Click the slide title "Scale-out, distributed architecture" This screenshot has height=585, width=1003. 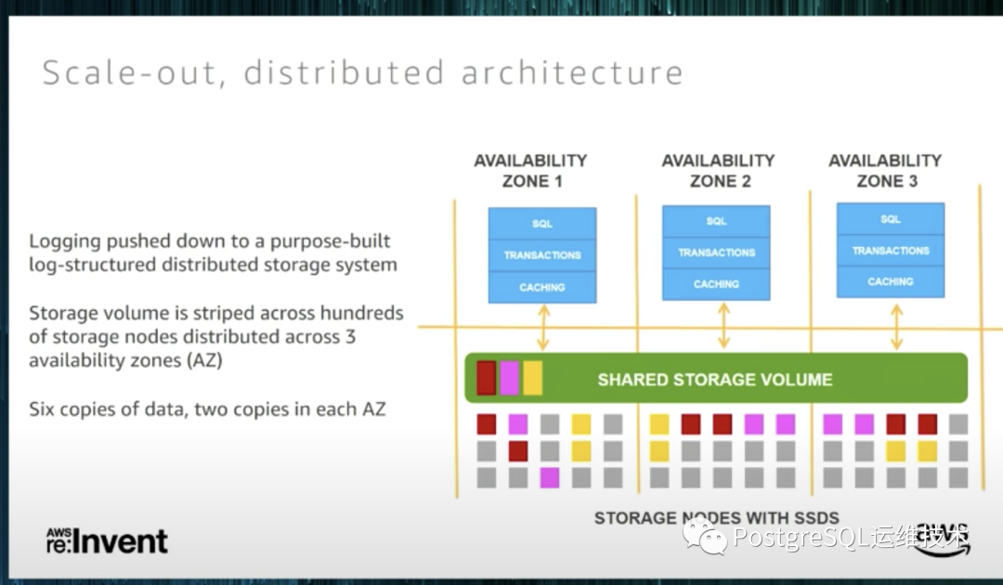pos(362,72)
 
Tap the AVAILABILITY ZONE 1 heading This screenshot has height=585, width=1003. pos(531,171)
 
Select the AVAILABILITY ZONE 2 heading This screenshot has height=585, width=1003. pos(719,171)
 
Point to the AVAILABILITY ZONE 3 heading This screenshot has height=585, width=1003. pos(886,171)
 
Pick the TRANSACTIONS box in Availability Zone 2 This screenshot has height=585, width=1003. pos(716,253)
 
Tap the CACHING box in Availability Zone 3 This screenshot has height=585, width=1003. pos(890,281)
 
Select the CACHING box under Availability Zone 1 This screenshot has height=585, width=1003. pos(542,287)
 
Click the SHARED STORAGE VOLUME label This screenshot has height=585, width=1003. pos(714,379)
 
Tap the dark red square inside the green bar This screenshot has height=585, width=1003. pos(487,378)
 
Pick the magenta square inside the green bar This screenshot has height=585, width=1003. pos(509,378)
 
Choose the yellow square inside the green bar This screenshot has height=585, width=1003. pos(532,378)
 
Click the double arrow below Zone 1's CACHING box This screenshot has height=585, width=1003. pos(543,327)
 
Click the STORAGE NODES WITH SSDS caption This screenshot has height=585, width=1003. pos(716,518)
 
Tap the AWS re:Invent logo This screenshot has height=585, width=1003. pos(107,540)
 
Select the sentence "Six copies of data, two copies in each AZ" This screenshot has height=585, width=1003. pos(208,409)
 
